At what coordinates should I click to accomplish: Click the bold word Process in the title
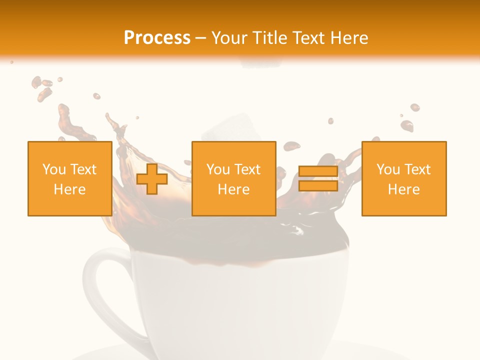(157, 38)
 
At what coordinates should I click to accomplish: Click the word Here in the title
(348, 38)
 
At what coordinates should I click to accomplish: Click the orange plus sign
(152, 179)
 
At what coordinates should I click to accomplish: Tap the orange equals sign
(318, 179)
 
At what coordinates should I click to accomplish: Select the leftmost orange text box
(70, 179)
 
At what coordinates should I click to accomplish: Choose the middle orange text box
(234, 179)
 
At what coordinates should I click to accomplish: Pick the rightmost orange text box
(404, 179)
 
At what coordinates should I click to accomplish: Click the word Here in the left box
(70, 189)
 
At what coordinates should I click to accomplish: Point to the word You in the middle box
(218, 169)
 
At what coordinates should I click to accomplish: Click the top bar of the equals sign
(318, 171)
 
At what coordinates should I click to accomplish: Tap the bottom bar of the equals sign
(318, 186)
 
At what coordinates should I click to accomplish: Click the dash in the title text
(201, 38)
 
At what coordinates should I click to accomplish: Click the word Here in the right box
(404, 189)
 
